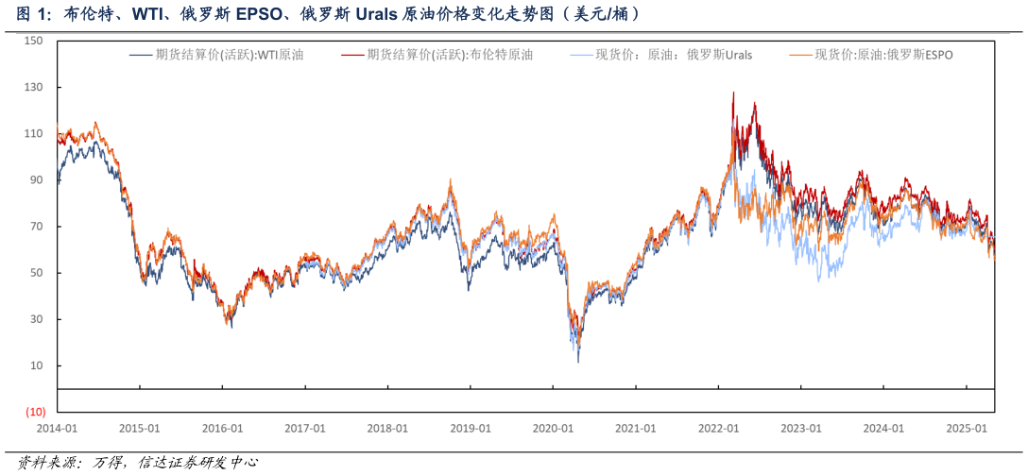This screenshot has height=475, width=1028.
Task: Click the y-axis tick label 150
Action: tap(34, 41)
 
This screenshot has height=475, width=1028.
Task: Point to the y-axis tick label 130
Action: tap(34, 87)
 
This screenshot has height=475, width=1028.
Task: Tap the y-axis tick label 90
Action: tap(37, 179)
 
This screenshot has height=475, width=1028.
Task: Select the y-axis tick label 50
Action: tap(37, 273)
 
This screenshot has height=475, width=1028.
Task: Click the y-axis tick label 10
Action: tap(37, 365)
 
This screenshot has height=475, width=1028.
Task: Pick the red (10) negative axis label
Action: tap(35, 412)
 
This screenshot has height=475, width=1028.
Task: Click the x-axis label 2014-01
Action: tap(57, 428)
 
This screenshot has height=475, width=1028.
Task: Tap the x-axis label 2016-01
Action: tap(222, 428)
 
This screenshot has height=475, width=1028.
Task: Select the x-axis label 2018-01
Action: tap(387, 428)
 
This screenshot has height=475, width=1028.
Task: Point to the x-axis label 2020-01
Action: tap(553, 428)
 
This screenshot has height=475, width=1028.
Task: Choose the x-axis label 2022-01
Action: tap(718, 428)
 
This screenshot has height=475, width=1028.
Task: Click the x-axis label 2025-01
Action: tap(967, 428)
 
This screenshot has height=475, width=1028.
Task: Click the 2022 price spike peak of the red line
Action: tap(733, 92)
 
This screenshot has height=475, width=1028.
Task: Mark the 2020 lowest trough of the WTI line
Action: tap(578, 362)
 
